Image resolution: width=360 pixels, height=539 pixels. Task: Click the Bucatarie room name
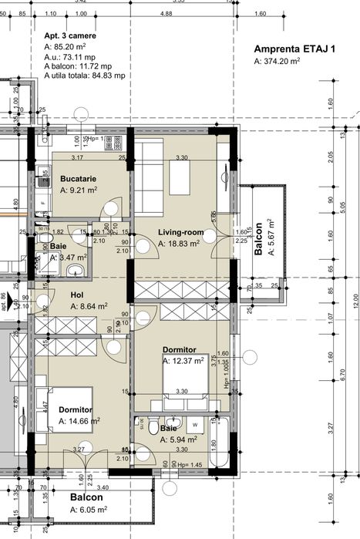(78, 178)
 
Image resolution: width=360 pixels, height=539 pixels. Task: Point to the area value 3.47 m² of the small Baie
(68, 258)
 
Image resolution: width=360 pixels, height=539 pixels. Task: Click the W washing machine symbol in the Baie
(195, 423)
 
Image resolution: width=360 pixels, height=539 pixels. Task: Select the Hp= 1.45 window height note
(188, 465)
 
